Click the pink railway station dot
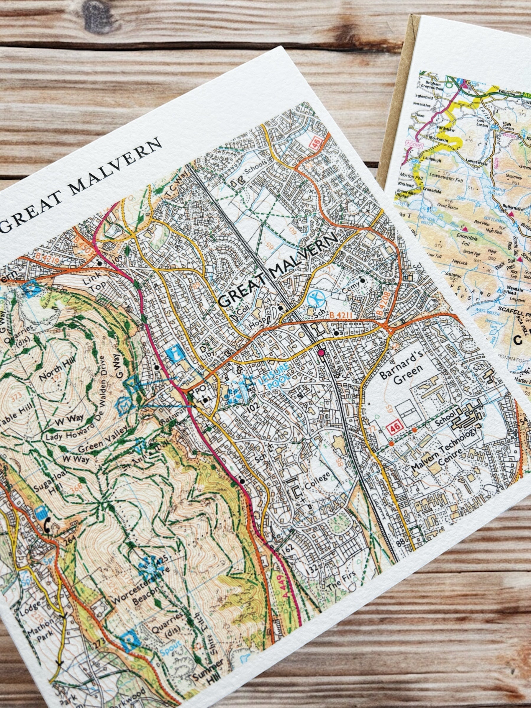pos(321,353)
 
